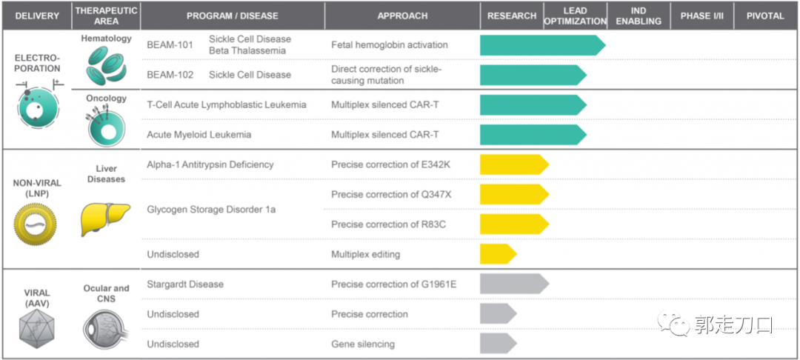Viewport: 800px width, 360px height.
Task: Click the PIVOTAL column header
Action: [766, 16]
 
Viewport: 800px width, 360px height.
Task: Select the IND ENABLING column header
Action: [638, 16]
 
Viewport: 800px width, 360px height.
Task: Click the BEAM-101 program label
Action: [170, 44]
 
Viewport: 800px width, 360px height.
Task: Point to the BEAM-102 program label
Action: [170, 75]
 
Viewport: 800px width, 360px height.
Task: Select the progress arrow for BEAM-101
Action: [541, 45]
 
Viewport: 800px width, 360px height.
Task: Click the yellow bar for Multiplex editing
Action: [497, 254]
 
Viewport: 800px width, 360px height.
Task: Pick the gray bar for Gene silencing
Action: [497, 344]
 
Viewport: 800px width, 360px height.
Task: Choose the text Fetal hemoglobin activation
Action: [390, 44]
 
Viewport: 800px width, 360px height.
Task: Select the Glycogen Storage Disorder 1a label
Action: [211, 210]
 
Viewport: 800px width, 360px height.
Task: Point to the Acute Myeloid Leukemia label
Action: [199, 135]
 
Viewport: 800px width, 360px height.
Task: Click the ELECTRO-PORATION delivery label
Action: [37, 62]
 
